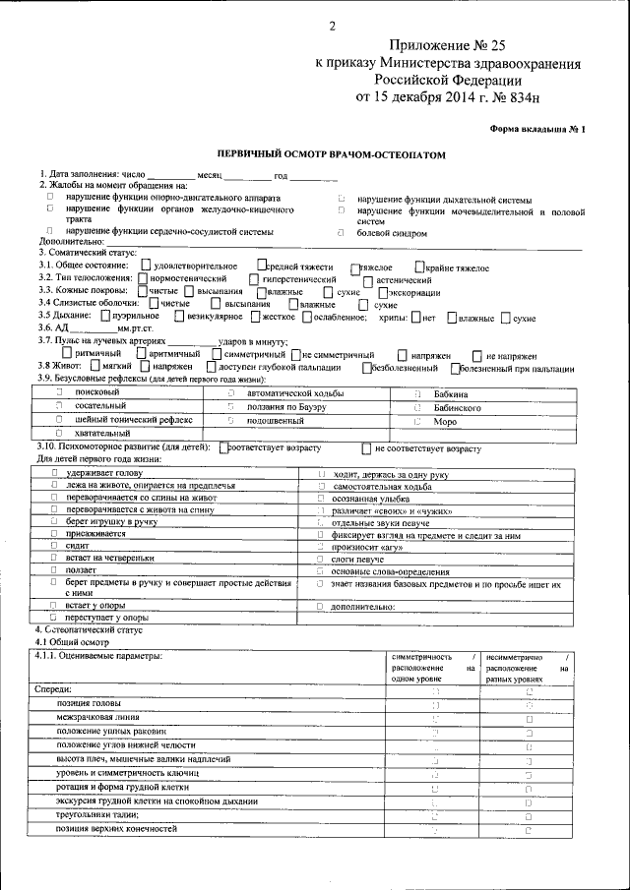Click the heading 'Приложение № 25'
click(447, 46)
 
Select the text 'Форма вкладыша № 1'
click(536, 129)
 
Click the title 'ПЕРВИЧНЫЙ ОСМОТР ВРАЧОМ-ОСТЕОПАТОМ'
click(325, 154)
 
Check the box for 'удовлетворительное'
click(146, 266)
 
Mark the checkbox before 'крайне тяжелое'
click(420, 266)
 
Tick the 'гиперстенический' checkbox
click(256, 278)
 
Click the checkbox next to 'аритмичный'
click(140, 354)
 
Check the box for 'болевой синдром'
click(341, 233)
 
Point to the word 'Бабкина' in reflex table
click(451, 392)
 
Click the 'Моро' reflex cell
click(445, 420)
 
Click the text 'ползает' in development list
click(82, 569)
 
